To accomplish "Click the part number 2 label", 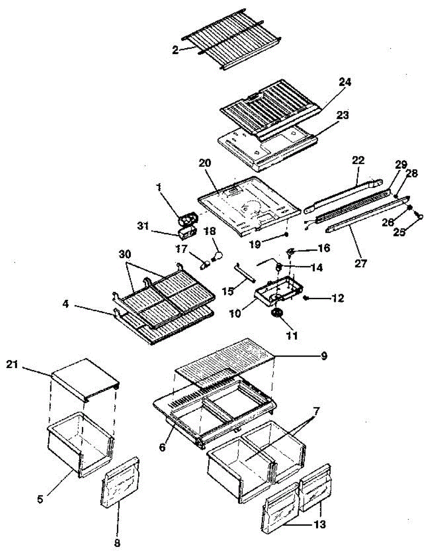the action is (x=175, y=50).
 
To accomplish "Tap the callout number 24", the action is (x=345, y=82).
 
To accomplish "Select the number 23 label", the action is (x=342, y=116).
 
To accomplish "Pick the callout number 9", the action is (x=324, y=356).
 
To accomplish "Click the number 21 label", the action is (x=12, y=364).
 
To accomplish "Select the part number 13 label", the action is (x=319, y=524).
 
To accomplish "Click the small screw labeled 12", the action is (x=306, y=297).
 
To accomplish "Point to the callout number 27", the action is (x=361, y=263).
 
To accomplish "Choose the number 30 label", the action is (x=125, y=254).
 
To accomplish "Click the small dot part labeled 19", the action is (x=287, y=234).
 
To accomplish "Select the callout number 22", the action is (x=358, y=160).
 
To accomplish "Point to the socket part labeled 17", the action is (x=205, y=265).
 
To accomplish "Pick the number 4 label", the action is (x=66, y=304).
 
